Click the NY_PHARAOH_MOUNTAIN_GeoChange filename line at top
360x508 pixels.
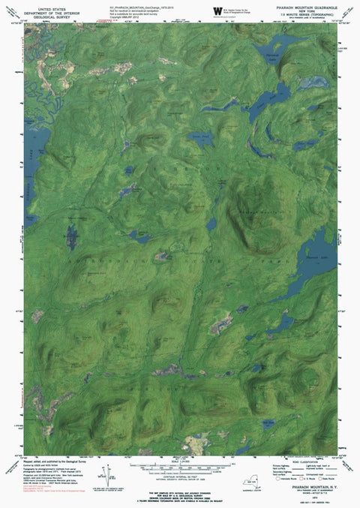click(139, 5)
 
